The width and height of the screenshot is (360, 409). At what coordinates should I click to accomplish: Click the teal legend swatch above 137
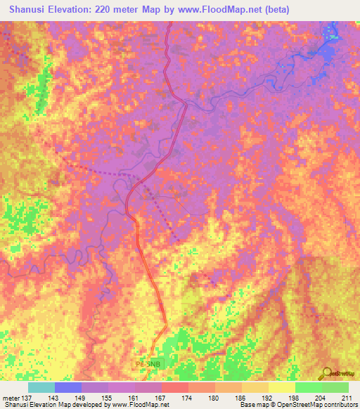(41, 387)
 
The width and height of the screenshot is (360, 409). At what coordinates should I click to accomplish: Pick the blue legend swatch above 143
(68, 387)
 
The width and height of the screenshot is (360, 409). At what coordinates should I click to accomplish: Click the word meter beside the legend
(11, 397)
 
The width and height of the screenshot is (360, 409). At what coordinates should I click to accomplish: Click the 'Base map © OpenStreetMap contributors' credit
(297, 405)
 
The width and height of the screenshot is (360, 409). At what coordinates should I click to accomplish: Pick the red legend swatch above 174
(174, 387)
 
